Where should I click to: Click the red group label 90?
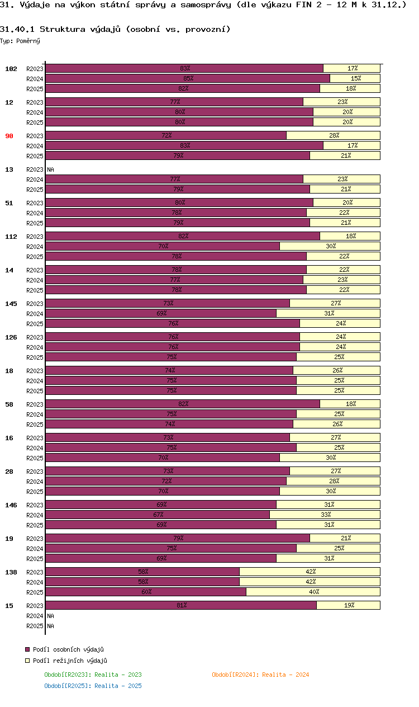coord(9,136)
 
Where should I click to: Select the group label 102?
coord(11,69)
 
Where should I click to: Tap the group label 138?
coord(11,572)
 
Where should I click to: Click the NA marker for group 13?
coord(50,169)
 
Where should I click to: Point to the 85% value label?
coord(188,78)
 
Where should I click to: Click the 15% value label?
coord(356,78)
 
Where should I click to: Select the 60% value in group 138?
coord(146,592)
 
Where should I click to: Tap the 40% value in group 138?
coord(314,592)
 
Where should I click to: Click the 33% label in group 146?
coord(326,515)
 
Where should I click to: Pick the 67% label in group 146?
coord(158,515)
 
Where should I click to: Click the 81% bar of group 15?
coord(181,605)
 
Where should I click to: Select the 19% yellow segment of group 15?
coord(349,605)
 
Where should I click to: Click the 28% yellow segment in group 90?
coord(334,135)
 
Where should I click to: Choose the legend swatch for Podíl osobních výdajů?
coord(27,649)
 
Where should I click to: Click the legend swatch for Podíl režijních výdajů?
coord(27,661)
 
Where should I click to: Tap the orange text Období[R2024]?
coord(235,675)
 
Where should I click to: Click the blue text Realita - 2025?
coord(118,686)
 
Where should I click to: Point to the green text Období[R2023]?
coord(68,675)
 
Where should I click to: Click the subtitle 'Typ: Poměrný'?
coord(20,41)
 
